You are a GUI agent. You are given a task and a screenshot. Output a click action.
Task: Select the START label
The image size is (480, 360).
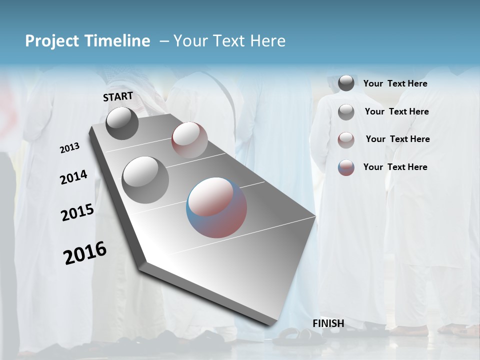pyautogui.click(x=118, y=96)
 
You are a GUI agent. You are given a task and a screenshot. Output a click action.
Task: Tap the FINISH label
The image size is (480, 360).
pyautogui.click(x=328, y=323)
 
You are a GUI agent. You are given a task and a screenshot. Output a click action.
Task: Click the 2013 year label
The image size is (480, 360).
pyautogui.click(x=69, y=148)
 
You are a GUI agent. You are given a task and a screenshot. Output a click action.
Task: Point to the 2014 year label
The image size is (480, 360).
pyautogui.click(x=73, y=177)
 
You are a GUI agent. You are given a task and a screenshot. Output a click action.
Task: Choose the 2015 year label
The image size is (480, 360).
pyautogui.click(x=77, y=212)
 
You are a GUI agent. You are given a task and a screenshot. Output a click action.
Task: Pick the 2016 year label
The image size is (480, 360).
pyautogui.click(x=85, y=253)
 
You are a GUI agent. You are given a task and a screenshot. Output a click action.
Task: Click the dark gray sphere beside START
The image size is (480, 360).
pyautogui.click(x=122, y=123)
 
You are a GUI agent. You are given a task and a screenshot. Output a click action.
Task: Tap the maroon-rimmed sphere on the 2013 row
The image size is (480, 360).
pyautogui.click(x=189, y=139)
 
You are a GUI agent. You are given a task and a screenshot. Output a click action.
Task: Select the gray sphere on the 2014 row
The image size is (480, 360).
pyautogui.click(x=145, y=180)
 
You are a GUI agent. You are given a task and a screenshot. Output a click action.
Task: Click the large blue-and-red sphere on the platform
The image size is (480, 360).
pyautogui.click(x=216, y=207)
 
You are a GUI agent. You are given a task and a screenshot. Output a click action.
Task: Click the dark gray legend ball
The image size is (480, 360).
pyautogui.click(x=346, y=83)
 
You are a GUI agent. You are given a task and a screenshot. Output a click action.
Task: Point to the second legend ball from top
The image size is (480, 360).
pyautogui.click(x=346, y=112)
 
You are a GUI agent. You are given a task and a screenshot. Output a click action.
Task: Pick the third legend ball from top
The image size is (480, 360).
pyautogui.click(x=346, y=139)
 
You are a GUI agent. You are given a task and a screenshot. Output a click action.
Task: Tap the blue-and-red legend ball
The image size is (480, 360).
pyautogui.click(x=346, y=167)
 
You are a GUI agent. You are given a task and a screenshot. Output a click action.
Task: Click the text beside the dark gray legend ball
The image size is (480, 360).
pyautogui.click(x=395, y=84)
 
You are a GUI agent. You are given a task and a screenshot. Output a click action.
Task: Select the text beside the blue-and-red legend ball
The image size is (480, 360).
pyautogui.click(x=395, y=167)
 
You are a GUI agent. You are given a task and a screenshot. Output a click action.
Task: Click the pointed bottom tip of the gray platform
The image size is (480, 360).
pyautogui.click(x=270, y=325)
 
